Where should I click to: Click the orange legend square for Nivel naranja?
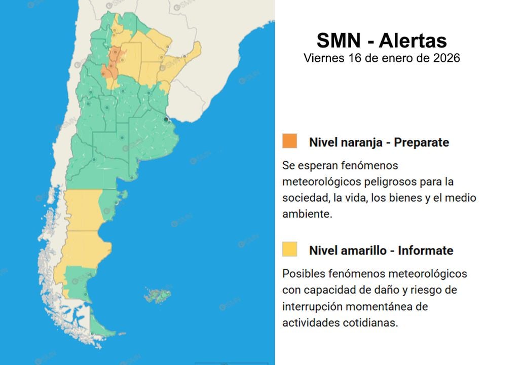(x=290, y=141)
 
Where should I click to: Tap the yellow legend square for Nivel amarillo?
(x=290, y=249)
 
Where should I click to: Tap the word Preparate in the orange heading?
(x=422, y=142)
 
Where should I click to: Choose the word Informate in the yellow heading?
(x=426, y=250)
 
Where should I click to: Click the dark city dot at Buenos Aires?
(x=166, y=120)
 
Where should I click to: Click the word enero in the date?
(x=391, y=58)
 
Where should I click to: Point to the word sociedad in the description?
(x=302, y=198)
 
